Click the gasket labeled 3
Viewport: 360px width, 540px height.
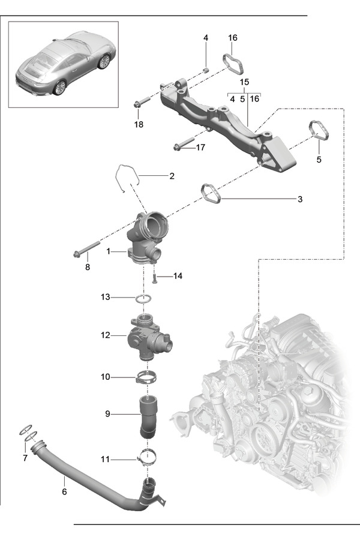(x=211, y=194)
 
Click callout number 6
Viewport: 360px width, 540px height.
(x=64, y=491)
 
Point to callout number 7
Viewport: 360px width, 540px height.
(x=25, y=458)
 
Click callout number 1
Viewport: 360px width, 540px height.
(x=109, y=251)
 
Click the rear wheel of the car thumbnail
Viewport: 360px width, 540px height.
(x=59, y=87)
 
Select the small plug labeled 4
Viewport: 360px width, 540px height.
(x=206, y=70)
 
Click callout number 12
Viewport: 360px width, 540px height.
(x=105, y=335)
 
